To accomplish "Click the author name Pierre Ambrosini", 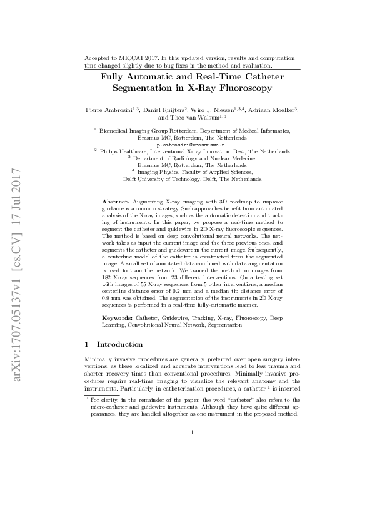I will point(109,110).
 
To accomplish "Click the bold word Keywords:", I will point(117,319).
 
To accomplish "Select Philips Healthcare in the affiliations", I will point(122,151).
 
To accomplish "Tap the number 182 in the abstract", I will point(108,274).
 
